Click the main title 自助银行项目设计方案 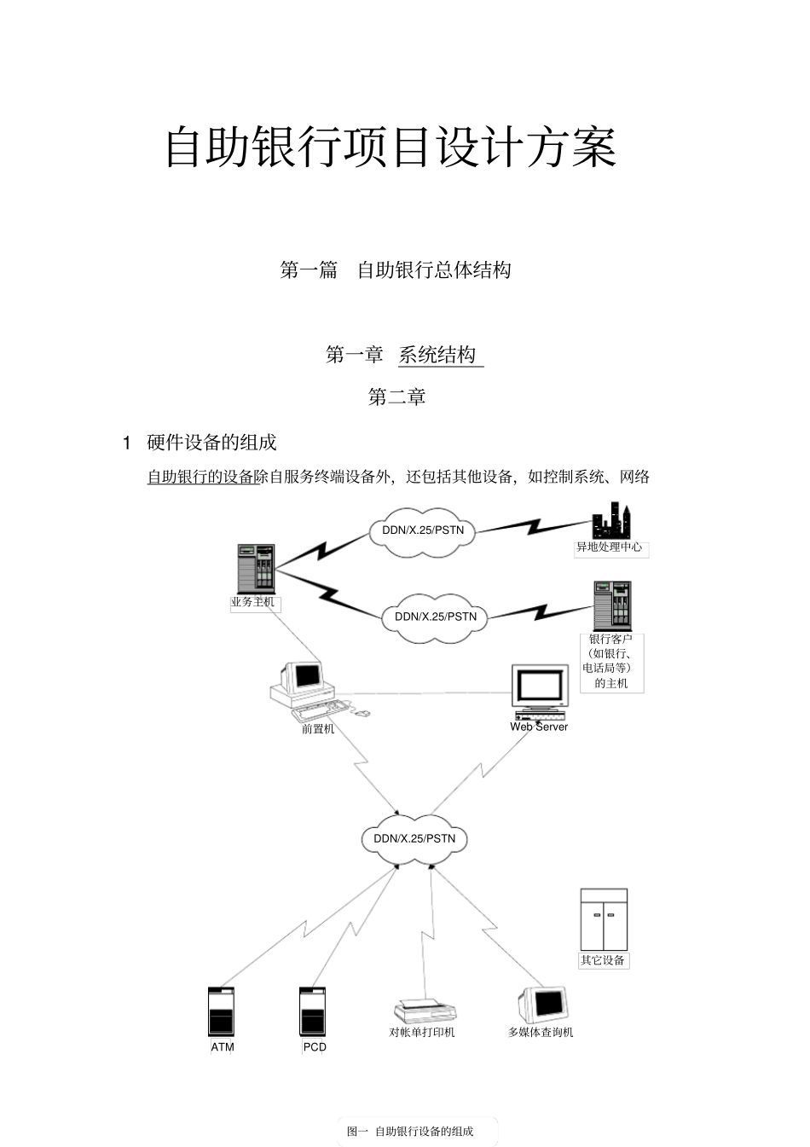click(391, 147)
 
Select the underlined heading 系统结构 click(438, 355)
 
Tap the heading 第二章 click(396, 397)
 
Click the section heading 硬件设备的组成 click(211, 442)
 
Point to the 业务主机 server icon click(256, 568)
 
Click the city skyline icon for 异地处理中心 click(610, 521)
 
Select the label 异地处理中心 click(610, 547)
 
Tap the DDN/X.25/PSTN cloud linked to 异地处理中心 click(423, 530)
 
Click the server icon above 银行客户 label click(612, 605)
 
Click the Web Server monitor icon click(540, 692)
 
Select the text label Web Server click(539, 727)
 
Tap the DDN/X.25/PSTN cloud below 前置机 click(414, 838)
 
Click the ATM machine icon click(222, 1011)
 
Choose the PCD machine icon click(313, 1011)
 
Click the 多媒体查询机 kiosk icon click(542, 1005)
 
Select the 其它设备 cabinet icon click(604, 919)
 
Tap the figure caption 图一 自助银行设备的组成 click(410, 1132)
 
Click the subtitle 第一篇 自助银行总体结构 click(396, 270)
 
